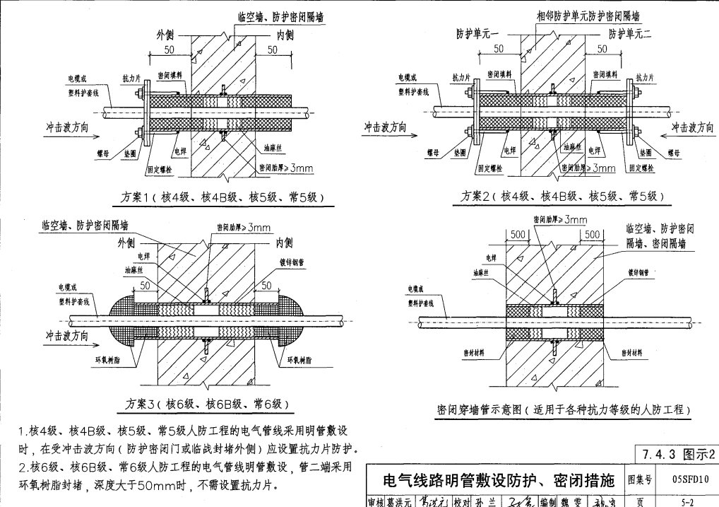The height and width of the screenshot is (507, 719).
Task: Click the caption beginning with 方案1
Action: click(224, 197)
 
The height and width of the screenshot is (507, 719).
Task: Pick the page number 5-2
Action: click(686, 501)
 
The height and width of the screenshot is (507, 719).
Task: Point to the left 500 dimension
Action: click(518, 234)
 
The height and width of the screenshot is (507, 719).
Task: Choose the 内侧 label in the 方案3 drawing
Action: click(284, 244)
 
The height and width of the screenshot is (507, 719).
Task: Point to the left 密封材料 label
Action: click(477, 352)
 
